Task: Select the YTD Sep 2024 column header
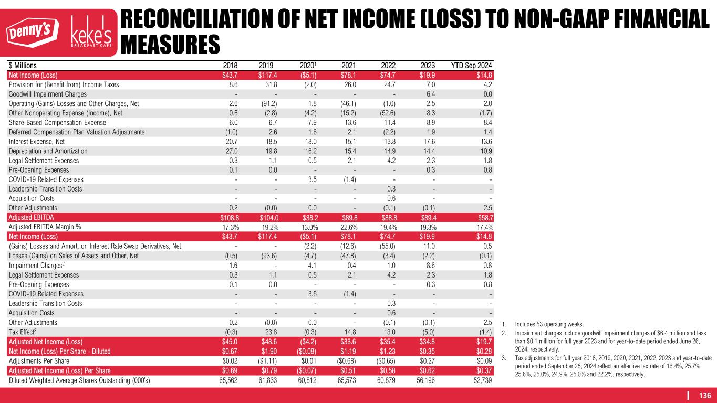pyautogui.click(x=472, y=65)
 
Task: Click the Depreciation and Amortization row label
pyautogui.click(x=48, y=151)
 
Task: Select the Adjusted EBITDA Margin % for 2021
pyautogui.click(x=346, y=227)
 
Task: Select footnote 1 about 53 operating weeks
pyautogui.click(x=542, y=324)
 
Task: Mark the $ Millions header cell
pyautogui.click(x=23, y=65)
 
